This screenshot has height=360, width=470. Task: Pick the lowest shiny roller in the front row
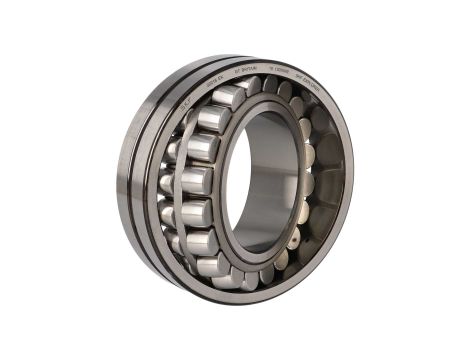point(211,268)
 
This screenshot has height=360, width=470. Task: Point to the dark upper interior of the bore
point(270,135)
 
